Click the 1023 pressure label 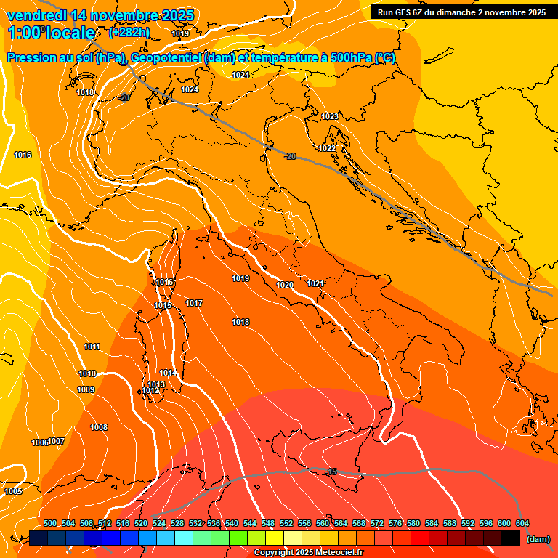coord(330,116)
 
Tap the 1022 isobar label coord(327,148)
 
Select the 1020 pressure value coord(285,285)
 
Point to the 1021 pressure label coord(315,283)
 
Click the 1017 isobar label coord(194,303)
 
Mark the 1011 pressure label coord(92,347)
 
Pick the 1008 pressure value coord(99,427)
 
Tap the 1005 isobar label coord(13,492)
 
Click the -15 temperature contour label coord(332,472)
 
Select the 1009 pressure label coord(86,389)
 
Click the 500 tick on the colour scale coord(50,523)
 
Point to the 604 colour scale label coord(522,523)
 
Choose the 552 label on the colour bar coord(286,523)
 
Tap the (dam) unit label coord(538,539)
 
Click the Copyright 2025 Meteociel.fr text coord(308,553)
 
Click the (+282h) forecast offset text coord(129,33)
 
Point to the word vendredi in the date coord(36,15)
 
